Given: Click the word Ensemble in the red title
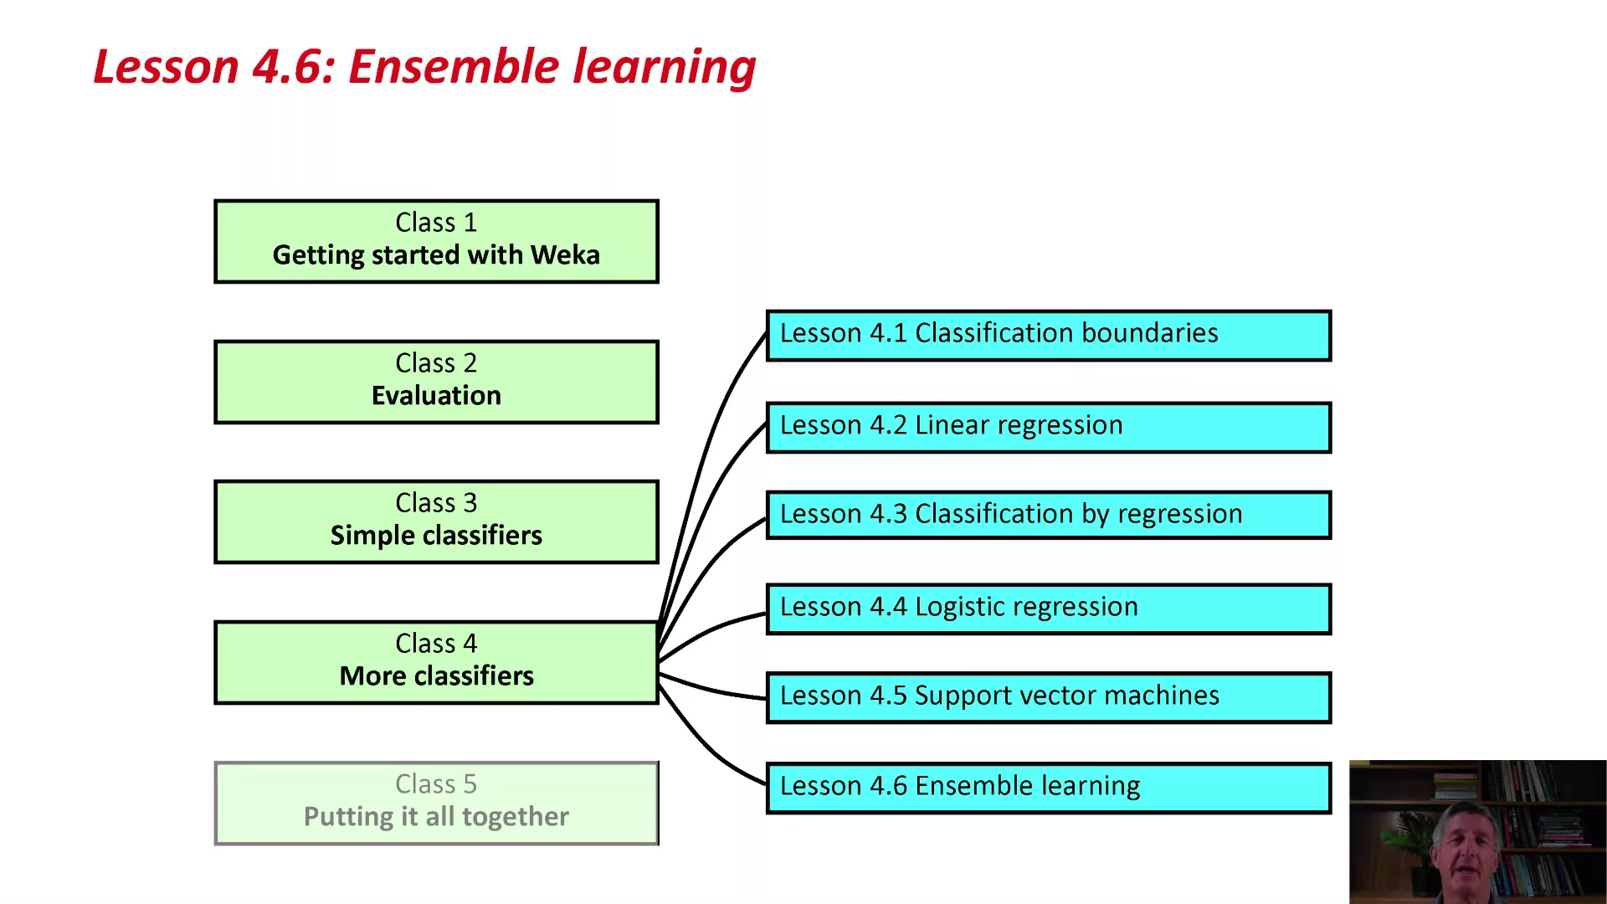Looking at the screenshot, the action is [454, 66].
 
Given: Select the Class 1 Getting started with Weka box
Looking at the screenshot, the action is [436, 241].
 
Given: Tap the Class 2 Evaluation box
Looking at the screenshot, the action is [436, 382].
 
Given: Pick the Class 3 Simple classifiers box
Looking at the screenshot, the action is [436, 521].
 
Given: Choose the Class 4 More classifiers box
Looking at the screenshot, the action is [436, 662].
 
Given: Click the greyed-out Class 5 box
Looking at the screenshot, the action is [436, 803].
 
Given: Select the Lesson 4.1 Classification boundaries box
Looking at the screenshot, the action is [1049, 336].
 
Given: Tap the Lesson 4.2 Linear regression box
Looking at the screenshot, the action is [1049, 428].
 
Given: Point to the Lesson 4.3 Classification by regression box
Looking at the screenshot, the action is [1049, 515].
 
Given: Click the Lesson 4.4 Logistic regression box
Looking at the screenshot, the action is [1049, 609].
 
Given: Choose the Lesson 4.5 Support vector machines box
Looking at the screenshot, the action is [1049, 697].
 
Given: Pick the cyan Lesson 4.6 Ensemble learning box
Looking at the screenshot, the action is [1049, 788].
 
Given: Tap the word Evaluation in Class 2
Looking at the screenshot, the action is [436, 395].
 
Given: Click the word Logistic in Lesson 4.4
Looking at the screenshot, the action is [958, 607].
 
